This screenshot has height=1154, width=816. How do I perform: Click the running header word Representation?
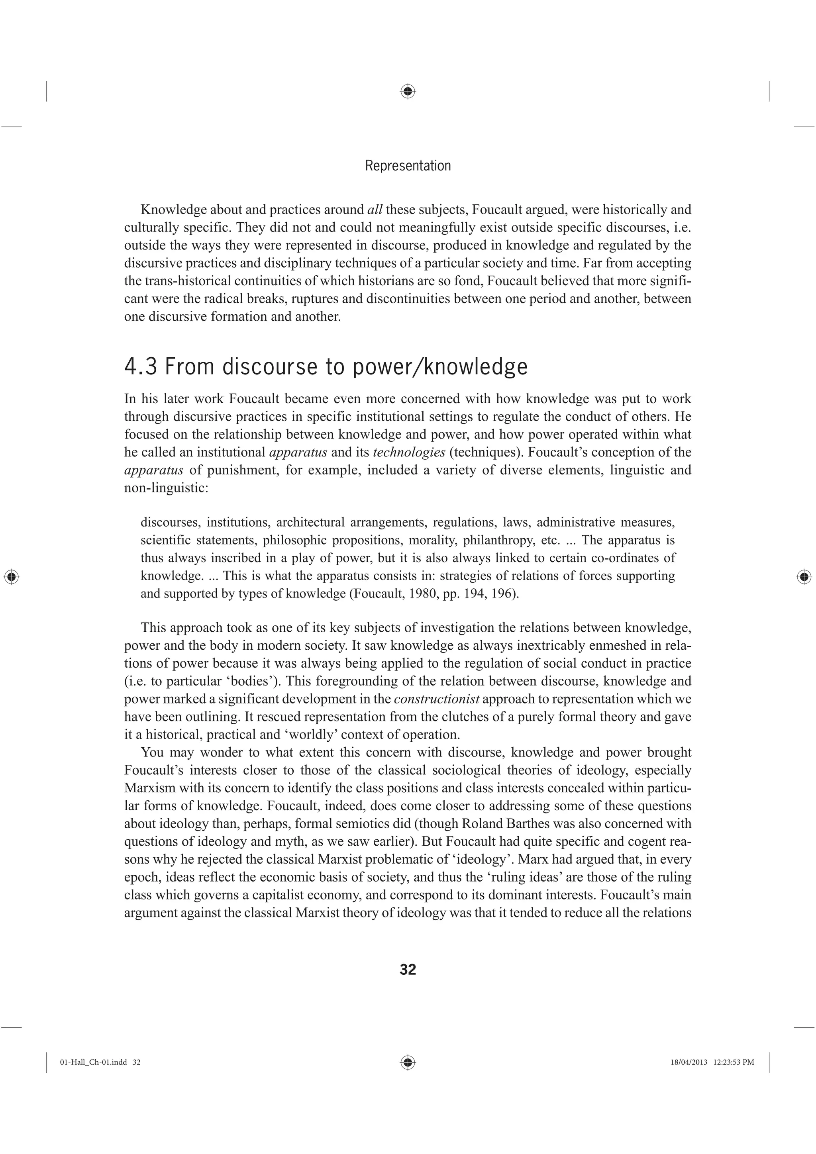[408, 166]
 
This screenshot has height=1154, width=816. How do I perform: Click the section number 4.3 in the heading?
[141, 366]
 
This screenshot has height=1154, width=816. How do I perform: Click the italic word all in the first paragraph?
[375, 210]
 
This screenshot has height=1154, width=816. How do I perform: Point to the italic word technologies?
[409, 453]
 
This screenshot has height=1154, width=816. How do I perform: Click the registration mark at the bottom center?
[408, 1062]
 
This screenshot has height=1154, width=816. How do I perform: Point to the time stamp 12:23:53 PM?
[734, 1062]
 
